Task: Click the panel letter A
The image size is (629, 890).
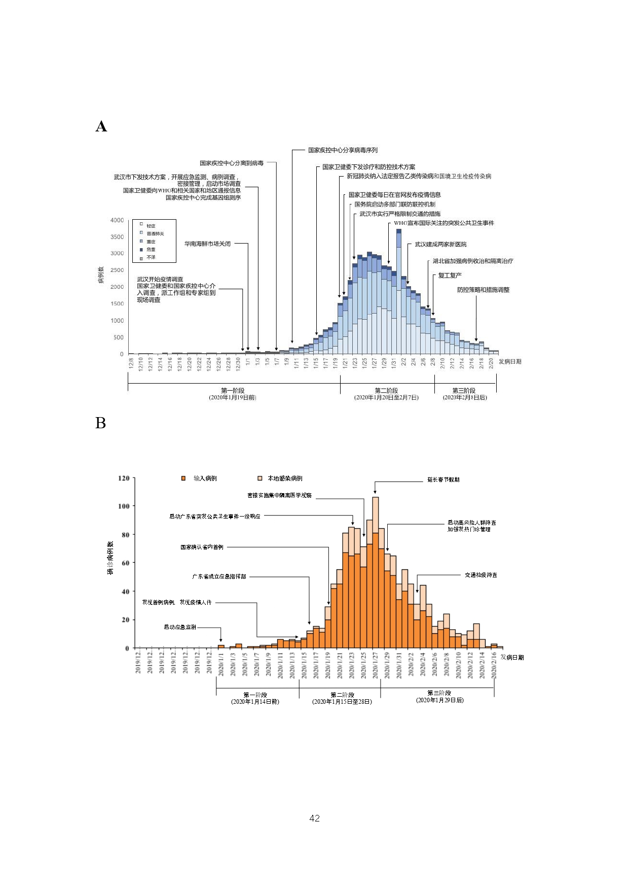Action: click(x=101, y=126)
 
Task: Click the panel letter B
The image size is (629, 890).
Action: click(x=100, y=423)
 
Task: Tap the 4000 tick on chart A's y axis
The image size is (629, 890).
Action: click(x=117, y=220)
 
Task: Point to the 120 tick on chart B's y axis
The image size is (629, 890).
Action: click(x=123, y=478)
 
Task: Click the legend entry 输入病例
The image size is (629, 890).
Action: click(x=205, y=478)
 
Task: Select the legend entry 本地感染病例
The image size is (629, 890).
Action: click(x=285, y=478)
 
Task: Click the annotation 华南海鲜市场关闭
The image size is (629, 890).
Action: click(x=207, y=244)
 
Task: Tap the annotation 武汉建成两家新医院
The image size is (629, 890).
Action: click(x=440, y=245)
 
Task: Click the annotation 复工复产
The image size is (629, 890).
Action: click(x=450, y=276)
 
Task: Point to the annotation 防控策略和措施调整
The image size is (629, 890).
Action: click(x=483, y=290)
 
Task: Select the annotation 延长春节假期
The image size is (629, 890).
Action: click(x=443, y=480)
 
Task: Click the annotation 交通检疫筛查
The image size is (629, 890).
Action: click(x=480, y=575)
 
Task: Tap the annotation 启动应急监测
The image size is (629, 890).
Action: click(x=179, y=627)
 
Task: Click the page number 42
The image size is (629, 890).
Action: click(x=314, y=818)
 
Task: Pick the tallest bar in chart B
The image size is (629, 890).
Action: click(x=376, y=573)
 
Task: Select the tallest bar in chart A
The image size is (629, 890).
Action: click(x=399, y=292)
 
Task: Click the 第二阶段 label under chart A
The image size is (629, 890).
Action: click(x=386, y=391)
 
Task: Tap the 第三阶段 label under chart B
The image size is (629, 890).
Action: click(x=439, y=693)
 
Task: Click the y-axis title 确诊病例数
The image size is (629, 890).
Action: click(x=110, y=558)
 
